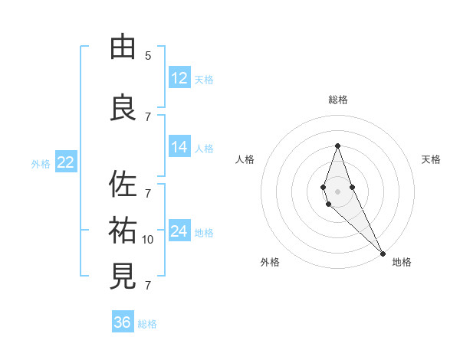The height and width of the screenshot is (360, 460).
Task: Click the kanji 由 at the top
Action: point(123,47)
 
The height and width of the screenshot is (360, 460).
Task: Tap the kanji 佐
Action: point(123,184)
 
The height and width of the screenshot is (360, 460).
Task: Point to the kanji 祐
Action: point(123,231)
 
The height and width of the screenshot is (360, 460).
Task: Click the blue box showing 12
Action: point(179,78)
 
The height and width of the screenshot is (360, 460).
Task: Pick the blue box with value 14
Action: point(179,147)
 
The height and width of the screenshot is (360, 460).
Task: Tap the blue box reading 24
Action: point(179,231)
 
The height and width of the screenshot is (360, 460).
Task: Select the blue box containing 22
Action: point(65,162)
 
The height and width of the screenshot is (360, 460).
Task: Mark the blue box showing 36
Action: point(123,322)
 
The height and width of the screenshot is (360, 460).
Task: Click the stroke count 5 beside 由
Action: point(148,56)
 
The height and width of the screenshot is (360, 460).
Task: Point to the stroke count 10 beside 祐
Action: point(148,240)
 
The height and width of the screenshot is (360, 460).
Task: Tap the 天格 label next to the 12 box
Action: point(204,79)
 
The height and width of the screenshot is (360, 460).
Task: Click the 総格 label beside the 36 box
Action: point(147,324)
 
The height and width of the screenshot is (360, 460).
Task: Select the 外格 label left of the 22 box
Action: point(41,163)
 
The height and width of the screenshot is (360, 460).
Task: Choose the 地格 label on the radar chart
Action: point(402,262)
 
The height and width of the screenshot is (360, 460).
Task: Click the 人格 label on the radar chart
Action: point(245,159)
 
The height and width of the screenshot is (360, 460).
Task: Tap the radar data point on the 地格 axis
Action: point(383,253)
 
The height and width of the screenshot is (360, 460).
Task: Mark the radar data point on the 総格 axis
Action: point(337,145)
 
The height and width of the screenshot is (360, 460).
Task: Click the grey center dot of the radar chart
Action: point(337,191)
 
